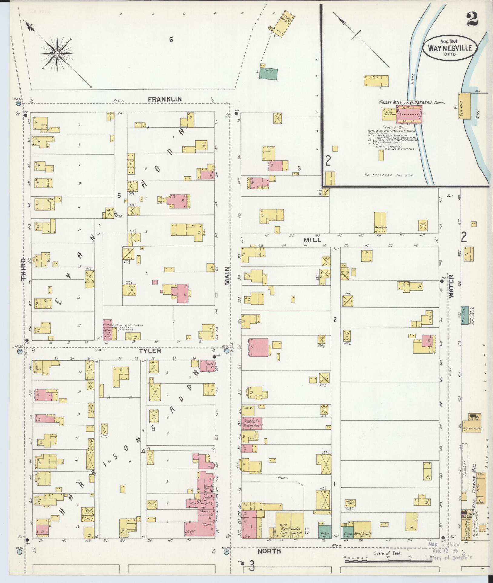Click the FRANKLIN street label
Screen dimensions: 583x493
pyautogui.click(x=165, y=99)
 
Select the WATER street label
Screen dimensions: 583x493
pyautogui.click(x=452, y=287)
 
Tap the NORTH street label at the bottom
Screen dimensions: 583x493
pyautogui.click(x=269, y=552)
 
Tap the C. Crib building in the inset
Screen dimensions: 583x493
pyautogui.click(x=376, y=81)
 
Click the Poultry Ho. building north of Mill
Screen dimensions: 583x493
pyautogui.click(x=380, y=222)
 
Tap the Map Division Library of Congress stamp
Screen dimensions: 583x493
pyautogui.click(x=448, y=551)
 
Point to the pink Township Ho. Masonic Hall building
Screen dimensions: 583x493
pyautogui.click(x=251, y=423)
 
